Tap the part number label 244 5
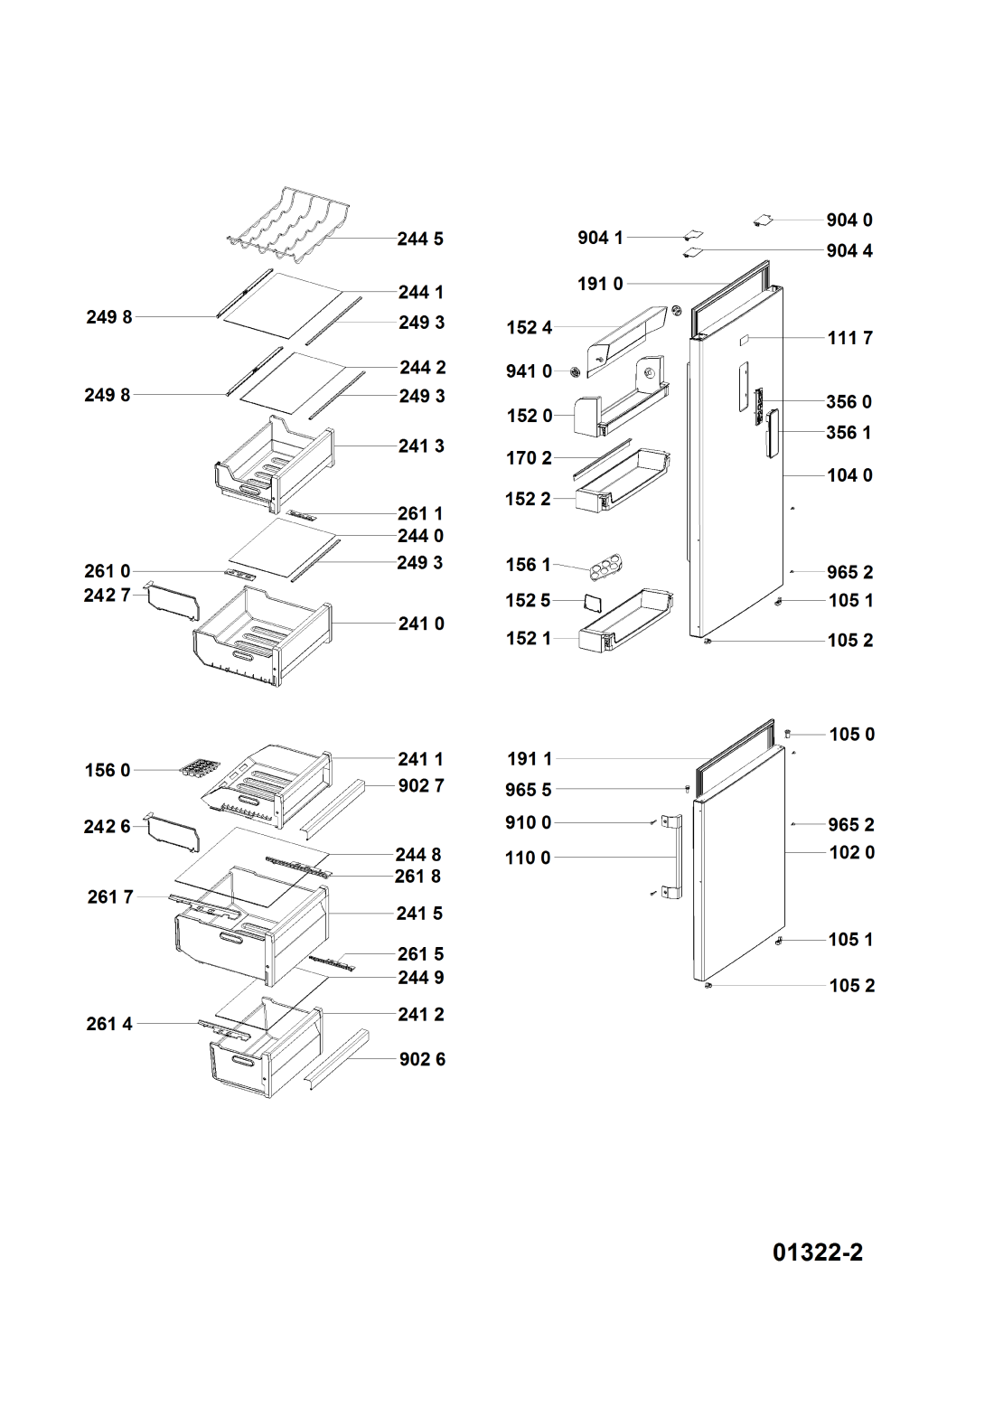coord(420,239)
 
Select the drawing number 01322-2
coord(817,1252)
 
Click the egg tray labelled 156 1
coord(608,567)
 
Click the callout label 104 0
coord(849,475)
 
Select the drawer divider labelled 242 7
coord(172,600)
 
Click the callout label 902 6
coord(422,1059)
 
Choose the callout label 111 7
coord(849,338)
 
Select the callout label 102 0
coord(851,852)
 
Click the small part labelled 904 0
coord(763,219)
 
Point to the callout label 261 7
coord(110,896)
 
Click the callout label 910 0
coord(528,822)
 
